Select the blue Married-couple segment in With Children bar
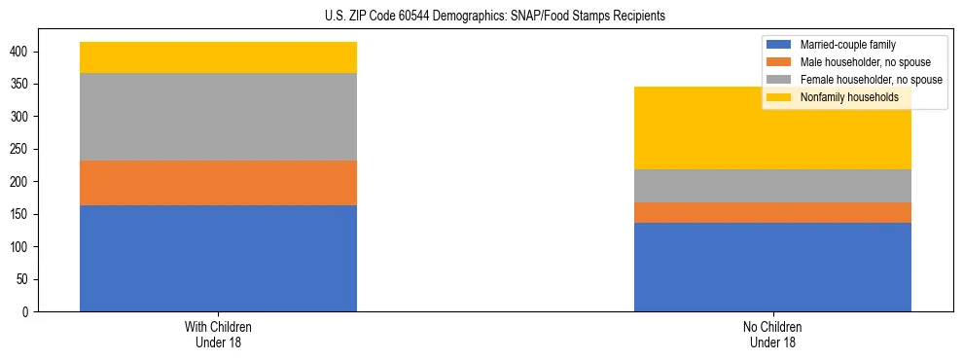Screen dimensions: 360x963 click(218, 258)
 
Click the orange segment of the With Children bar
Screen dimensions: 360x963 click(218, 183)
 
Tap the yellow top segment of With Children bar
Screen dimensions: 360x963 click(218, 57)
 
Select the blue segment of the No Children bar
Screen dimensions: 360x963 click(772, 267)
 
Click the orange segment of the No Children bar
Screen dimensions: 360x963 click(772, 212)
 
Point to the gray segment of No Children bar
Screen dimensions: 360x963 click(772, 186)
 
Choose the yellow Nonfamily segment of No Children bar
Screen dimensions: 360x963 click(772, 127)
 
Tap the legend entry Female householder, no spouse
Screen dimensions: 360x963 click(870, 80)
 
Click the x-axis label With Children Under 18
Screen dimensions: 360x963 click(218, 334)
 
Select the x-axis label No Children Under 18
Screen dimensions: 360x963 click(772, 334)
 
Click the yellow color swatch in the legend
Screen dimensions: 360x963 click(779, 97)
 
